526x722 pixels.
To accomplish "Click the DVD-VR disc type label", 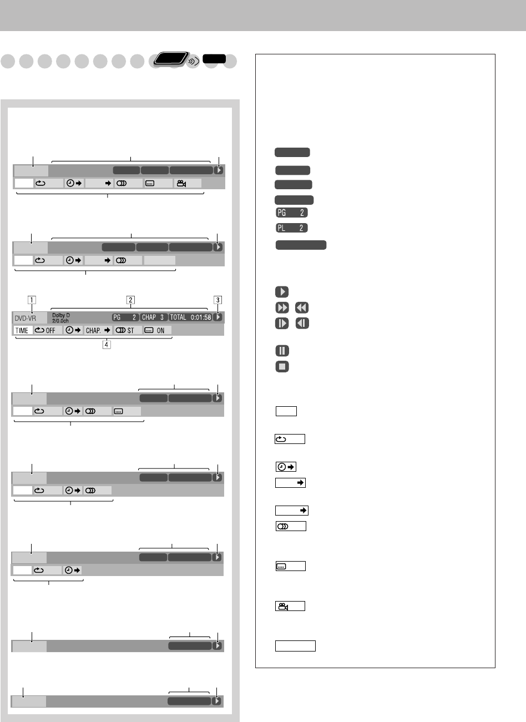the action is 25,319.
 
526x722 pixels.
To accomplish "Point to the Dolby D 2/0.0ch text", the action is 60,318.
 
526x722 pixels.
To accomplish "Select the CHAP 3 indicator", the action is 153,317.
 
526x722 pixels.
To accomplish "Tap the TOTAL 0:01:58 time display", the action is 190,317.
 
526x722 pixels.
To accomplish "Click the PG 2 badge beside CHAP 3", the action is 125,317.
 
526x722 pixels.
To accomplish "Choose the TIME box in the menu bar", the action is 22,330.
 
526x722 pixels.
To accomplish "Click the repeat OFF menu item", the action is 48,330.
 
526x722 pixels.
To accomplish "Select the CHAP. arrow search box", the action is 98,330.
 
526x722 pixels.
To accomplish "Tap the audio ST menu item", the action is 128,330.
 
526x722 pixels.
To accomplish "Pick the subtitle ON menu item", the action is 157,330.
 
